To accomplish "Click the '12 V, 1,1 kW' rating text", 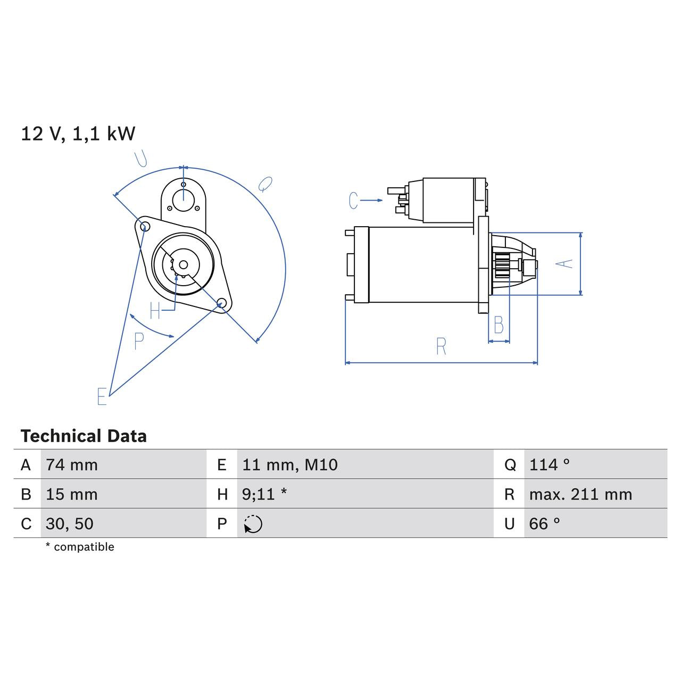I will pyautogui.click(x=78, y=134).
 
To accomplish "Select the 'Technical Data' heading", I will pyautogui.click(x=84, y=436).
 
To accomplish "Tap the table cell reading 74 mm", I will pyautogui.click(x=72, y=465).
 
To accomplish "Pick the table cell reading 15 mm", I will pyautogui.click(x=72, y=494).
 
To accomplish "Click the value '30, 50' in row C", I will pyautogui.click(x=70, y=524).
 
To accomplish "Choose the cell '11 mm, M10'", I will pyautogui.click(x=290, y=465).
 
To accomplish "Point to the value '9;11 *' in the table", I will pyautogui.click(x=264, y=494).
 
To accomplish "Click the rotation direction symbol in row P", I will pyautogui.click(x=253, y=524).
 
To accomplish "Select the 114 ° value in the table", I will pyautogui.click(x=550, y=465).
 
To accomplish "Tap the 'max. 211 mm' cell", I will pyautogui.click(x=580, y=494).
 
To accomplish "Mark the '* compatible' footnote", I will pyautogui.click(x=80, y=547).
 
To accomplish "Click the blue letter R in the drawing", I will pyautogui.click(x=441, y=347).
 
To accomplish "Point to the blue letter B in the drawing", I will pyautogui.click(x=499, y=325).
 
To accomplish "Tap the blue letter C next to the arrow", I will pyautogui.click(x=353, y=201).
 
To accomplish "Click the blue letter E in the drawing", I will pyautogui.click(x=102, y=396).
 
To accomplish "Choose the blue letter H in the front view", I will pyautogui.click(x=155, y=311).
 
